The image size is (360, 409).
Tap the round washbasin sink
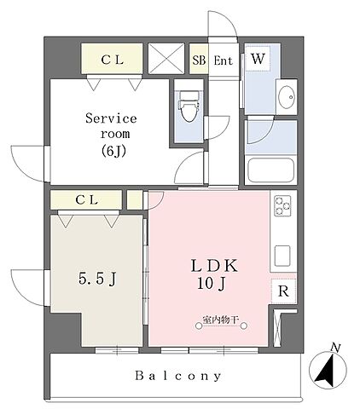[x=287, y=97]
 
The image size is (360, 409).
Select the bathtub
[x=270, y=170]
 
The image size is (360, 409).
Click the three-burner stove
[x=282, y=205]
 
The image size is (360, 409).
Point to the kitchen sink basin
[x=282, y=256]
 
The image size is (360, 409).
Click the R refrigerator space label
[x=283, y=291]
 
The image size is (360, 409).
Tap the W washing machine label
[x=258, y=59]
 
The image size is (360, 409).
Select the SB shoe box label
[x=199, y=60]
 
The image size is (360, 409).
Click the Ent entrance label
[x=223, y=60]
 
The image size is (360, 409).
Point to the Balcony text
[x=178, y=376]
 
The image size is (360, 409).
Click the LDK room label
[x=214, y=266]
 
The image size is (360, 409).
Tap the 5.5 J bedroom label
[x=96, y=279]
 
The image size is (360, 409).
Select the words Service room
[x=112, y=126]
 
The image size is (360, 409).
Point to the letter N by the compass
[x=336, y=348]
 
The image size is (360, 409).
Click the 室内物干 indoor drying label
[x=220, y=320]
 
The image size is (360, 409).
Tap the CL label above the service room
[x=112, y=60]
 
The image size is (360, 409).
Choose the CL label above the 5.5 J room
[x=86, y=200]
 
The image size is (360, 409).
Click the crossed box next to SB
[x=166, y=59]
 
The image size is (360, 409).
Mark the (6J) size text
[x=113, y=152]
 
